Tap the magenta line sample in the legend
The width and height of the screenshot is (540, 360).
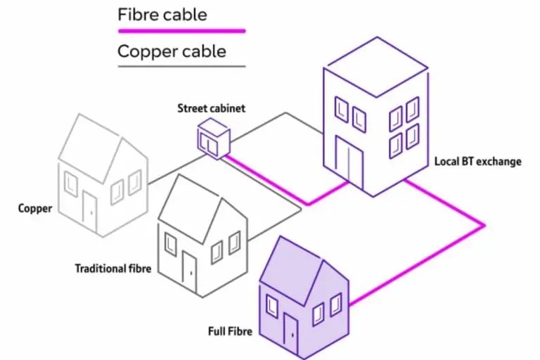click(x=181, y=31)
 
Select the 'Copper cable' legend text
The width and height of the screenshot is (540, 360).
click(x=172, y=51)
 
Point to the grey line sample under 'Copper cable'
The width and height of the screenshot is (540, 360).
click(x=181, y=67)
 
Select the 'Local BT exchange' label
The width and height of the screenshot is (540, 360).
click(x=477, y=162)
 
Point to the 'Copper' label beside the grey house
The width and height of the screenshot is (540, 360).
click(x=34, y=208)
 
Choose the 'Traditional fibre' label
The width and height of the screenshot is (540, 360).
click(x=112, y=268)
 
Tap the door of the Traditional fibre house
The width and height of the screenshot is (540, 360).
click(x=189, y=268)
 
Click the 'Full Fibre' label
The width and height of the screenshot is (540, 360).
click(x=231, y=330)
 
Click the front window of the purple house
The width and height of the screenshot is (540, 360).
click(x=271, y=305)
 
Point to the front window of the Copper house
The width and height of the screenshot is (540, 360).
click(x=71, y=183)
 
